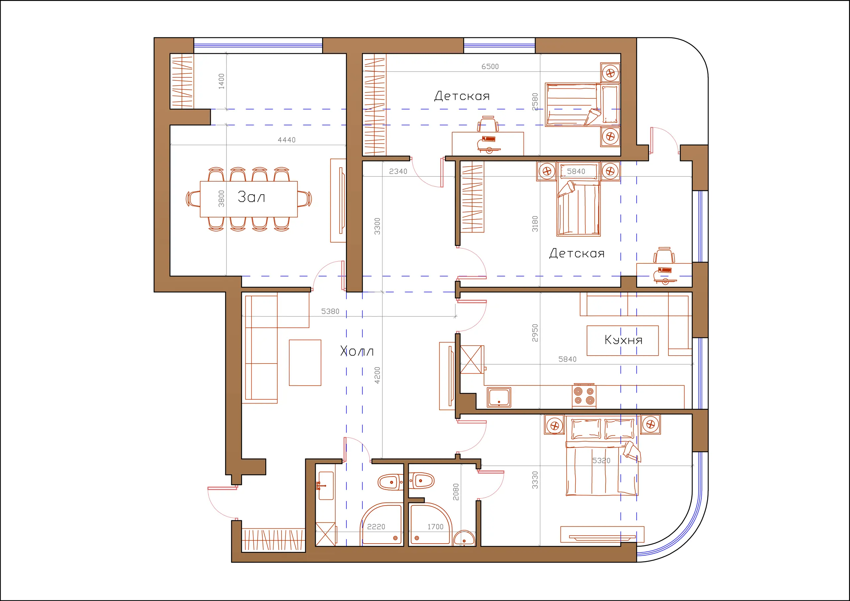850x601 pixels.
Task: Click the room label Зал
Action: click(x=251, y=197)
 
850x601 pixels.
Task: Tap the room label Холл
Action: click(x=357, y=351)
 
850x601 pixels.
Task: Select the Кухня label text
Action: click(x=624, y=340)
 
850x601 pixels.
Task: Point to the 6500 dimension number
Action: click(x=490, y=67)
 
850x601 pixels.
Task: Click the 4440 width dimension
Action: click(x=287, y=140)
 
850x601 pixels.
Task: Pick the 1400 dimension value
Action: click(x=221, y=81)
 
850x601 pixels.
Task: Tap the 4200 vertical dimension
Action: click(x=377, y=375)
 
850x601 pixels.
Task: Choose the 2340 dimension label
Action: click(x=398, y=171)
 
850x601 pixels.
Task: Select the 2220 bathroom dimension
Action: click(x=376, y=527)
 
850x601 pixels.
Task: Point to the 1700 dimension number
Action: click(x=435, y=527)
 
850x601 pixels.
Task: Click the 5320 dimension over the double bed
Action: click(x=601, y=461)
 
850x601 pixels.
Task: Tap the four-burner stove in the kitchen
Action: click(x=584, y=396)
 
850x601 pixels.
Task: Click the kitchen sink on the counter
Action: click(x=499, y=397)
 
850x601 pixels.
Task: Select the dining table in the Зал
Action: click(x=249, y=199)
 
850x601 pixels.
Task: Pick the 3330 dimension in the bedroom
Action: click(x=535, y=480)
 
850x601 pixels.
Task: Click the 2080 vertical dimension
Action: click(x=456, y=492)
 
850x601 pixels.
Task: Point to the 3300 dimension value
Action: click(x=377, y=226)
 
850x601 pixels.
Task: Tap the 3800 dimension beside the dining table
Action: click(x=221, y=199)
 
